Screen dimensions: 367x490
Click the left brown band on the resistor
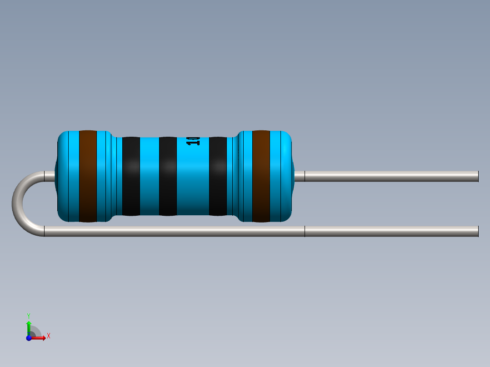click(88, 176)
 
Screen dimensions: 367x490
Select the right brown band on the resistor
click(261, 176)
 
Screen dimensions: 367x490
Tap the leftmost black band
click(131, 176)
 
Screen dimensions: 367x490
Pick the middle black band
click(168, 176)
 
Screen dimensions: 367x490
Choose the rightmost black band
click(218, 176)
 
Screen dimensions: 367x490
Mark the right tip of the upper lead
click(477, 176)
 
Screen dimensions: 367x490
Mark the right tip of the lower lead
click(477, 231)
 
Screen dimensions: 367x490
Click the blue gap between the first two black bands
click(149, 176)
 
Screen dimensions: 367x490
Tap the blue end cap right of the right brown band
click(281, 176)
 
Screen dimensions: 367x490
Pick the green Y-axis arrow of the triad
click(29, 326)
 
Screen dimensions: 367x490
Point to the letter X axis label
click(49, 336)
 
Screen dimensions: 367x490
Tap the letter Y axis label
click(29, 315)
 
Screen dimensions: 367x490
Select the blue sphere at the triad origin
click(29, 338)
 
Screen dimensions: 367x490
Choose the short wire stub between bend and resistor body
click(49, 176)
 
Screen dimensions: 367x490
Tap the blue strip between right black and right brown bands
click(233, 176)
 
